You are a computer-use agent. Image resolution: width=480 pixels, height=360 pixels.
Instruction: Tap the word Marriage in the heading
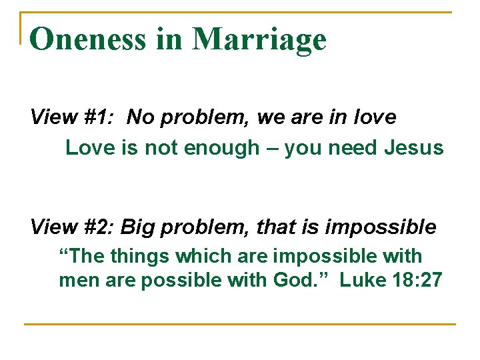tap(259, 40)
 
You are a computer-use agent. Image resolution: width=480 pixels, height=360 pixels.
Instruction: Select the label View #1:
tap(73, 117)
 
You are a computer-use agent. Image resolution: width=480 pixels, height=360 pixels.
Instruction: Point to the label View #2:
tap(73, 227)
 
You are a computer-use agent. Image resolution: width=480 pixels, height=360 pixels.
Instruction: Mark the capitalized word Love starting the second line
tap(91, 147)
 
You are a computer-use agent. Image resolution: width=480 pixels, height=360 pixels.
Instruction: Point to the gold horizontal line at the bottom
tap(240, 324)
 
